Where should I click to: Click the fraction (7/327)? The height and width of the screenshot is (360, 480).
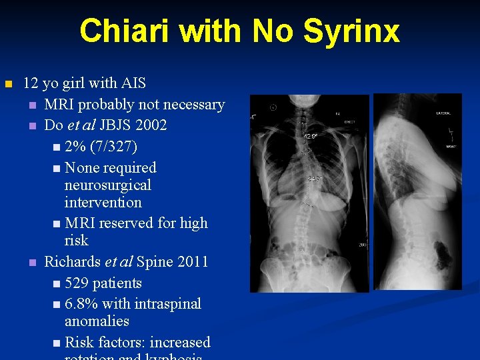click(x=120, y=147)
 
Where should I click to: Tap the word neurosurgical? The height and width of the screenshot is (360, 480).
click(x=107, y=185)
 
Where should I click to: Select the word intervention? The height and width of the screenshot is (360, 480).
click(x=103, y=202)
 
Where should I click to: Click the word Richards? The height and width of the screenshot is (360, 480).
click(x=73, y=261)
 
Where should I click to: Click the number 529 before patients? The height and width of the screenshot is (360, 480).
click(x=79, y=283)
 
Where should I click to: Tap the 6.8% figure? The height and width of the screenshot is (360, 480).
click(x=83, y=304)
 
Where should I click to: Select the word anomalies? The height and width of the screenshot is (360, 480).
click(x=97, y=321)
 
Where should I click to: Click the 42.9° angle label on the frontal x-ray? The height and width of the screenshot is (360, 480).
click(x=311, y=135)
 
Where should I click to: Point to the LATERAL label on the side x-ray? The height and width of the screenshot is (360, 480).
click(x=443, y=113)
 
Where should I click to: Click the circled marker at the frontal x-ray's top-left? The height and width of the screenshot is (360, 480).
click(x=273, y=107)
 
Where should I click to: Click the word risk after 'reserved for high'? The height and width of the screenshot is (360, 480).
click(x=76, y=240)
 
